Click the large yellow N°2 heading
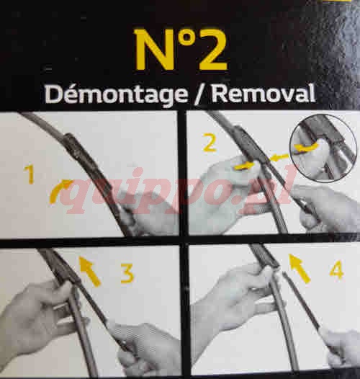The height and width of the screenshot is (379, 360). point(181,50)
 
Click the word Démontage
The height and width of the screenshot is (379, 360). point(116,94)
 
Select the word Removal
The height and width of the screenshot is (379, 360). point(264,93)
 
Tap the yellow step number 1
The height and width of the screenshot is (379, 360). point(30,175)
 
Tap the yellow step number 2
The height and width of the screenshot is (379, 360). point(210,143)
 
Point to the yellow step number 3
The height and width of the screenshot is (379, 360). point(127,273)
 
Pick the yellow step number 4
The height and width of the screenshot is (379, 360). point(337,269)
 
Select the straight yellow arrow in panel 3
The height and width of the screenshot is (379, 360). point(90,272)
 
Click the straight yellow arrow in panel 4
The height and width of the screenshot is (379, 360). point(300,268)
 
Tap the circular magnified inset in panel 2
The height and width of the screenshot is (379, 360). point(323,148)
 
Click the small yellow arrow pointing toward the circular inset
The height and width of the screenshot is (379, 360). point(279,158)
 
